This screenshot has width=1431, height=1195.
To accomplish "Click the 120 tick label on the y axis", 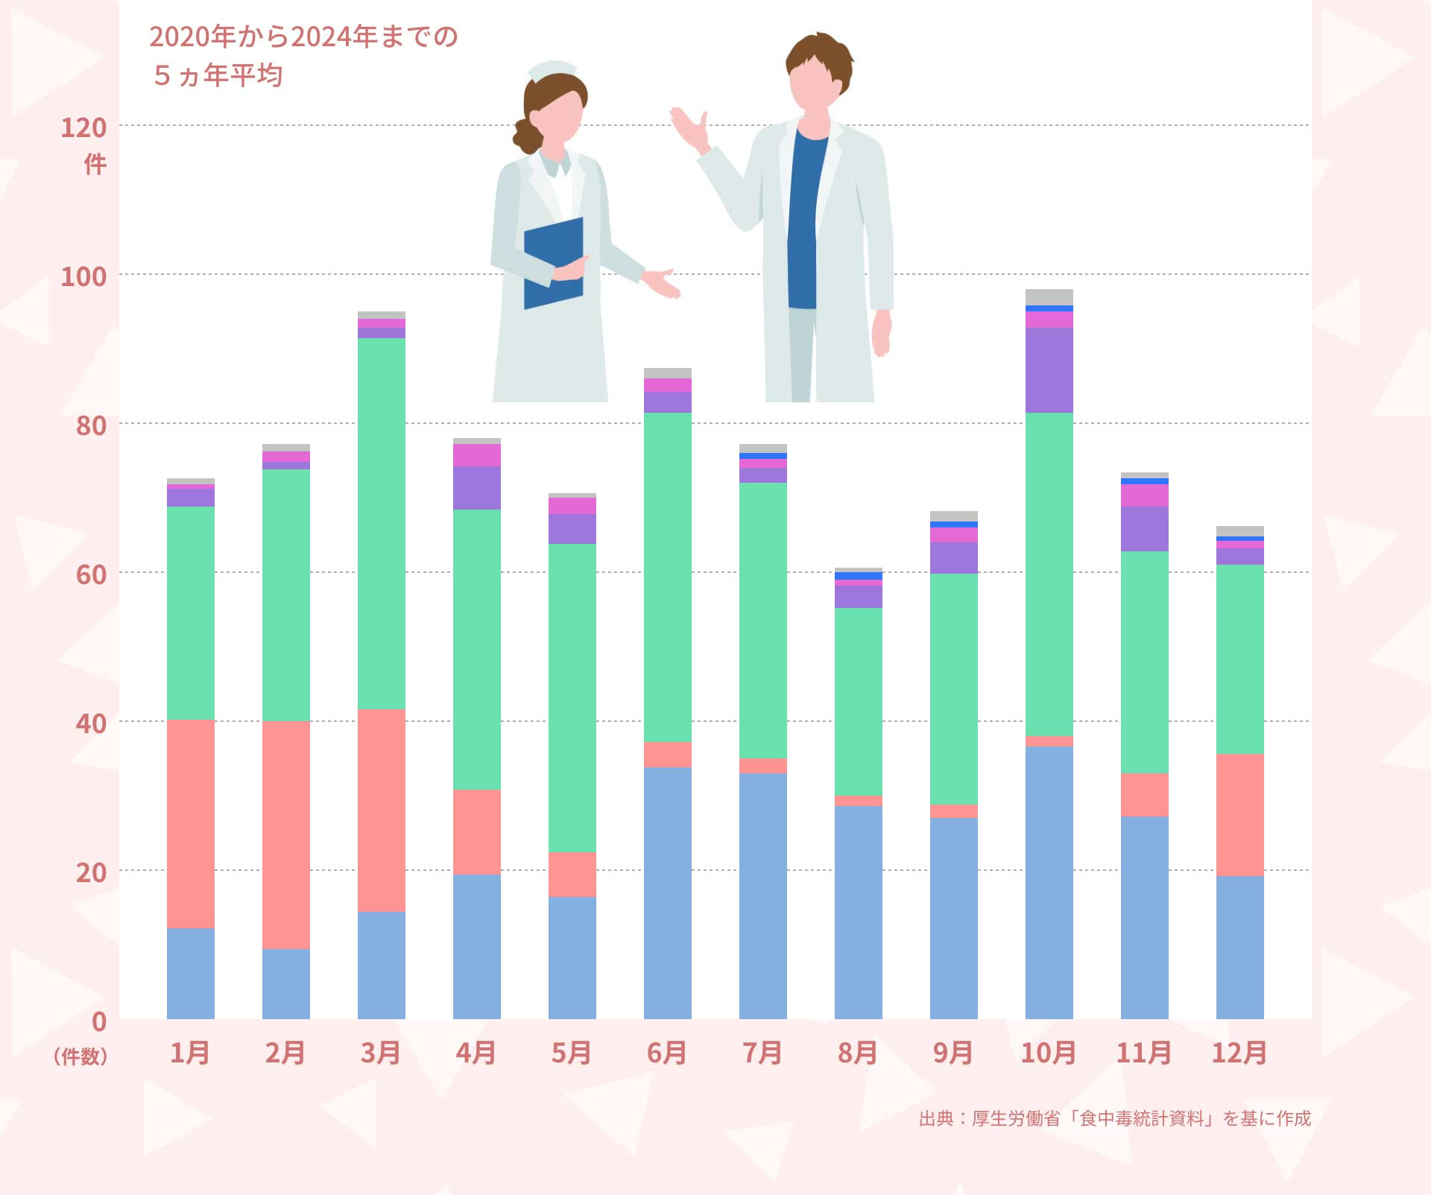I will coord(83,128).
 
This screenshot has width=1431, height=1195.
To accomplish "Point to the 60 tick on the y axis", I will coord(91,574).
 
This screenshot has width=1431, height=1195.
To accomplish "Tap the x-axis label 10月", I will coord(1049,1053).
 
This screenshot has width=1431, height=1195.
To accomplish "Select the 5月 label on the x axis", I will coord(572,1053).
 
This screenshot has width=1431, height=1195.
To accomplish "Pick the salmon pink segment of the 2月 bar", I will coord(286,834).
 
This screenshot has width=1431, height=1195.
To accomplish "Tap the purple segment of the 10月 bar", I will coord(1049,370).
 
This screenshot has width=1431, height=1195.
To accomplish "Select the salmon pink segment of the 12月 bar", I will coord(1239,815).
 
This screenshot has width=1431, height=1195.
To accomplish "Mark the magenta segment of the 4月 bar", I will coord(477,455).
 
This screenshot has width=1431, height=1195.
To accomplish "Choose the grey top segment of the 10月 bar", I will coord(1049,297).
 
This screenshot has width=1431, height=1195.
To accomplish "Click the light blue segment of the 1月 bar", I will coord(191,973).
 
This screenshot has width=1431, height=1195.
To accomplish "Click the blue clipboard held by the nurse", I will coord(553,262).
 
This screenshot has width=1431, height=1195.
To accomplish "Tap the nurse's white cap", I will coord(552,70).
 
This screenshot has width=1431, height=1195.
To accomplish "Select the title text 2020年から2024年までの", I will coord(303,37).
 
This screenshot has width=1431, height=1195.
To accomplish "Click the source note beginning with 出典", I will coord(1114,1118).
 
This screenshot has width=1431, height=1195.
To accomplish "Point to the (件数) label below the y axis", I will coord(80,1056).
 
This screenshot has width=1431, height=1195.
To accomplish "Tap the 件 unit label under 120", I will coord(95,164).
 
